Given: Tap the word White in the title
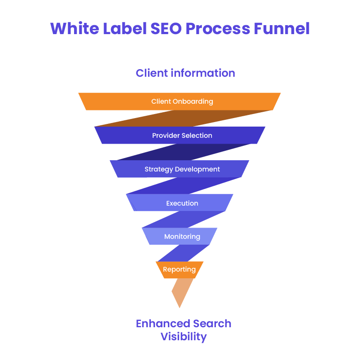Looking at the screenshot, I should pos(72,29).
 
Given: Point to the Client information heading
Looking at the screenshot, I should pos(185,73).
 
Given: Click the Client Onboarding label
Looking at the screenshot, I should pos(182,101).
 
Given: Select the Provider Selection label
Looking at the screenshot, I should pos(182,136).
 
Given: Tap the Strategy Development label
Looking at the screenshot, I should pos(182,169).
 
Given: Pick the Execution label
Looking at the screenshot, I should pos(182,203).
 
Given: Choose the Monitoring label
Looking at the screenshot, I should pos(182,237).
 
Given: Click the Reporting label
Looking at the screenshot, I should pos(179,270).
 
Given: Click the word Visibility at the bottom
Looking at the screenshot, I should pos(184,337).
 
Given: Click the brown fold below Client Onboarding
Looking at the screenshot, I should pos(184,119).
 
